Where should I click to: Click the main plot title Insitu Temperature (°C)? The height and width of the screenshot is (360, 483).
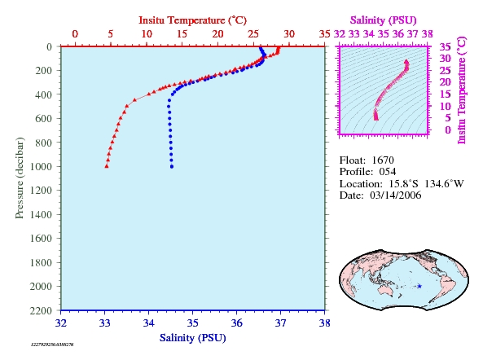click(192, 20)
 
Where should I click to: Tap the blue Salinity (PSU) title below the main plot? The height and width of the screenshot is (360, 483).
click(192, 338)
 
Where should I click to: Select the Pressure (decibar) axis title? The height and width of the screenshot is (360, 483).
click(20, 178)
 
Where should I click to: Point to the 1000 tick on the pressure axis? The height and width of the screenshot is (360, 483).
click(41, 167)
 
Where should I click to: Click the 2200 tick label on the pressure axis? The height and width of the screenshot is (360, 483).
click(41, 311)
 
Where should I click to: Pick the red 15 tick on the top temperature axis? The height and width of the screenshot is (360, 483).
click(182, 34)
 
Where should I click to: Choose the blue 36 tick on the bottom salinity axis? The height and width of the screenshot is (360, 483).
click(236, 323)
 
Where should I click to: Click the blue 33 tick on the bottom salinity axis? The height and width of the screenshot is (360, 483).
click(105, 323)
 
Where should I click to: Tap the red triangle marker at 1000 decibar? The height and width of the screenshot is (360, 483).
click(107, 166)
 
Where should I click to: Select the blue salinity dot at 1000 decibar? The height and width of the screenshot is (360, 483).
click(172, 167)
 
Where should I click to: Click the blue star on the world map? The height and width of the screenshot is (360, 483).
click(419, 286)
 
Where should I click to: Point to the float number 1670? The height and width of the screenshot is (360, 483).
click(383, 160)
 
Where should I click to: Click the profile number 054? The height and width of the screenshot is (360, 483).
click(388, 172)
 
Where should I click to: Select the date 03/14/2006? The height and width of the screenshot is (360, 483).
click(396, 195)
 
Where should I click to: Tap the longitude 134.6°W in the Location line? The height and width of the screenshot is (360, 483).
click(444, 184)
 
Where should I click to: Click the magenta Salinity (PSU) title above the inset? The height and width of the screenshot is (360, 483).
click(383, 20)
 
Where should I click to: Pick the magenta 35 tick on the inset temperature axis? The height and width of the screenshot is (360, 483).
click(445, 46)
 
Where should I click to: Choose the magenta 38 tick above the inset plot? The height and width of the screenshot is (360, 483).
click(428, 34)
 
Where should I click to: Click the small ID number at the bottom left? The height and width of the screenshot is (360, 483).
click(52, 345)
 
